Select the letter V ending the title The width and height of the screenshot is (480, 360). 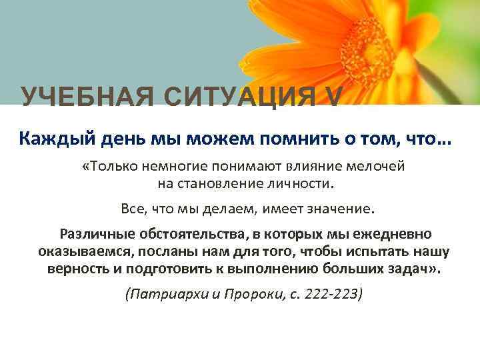tap(333, 97)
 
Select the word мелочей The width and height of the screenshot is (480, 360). tap(375, 166)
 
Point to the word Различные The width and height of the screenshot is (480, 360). tap(96, 235)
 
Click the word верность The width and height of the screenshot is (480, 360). tap(79, 270)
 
